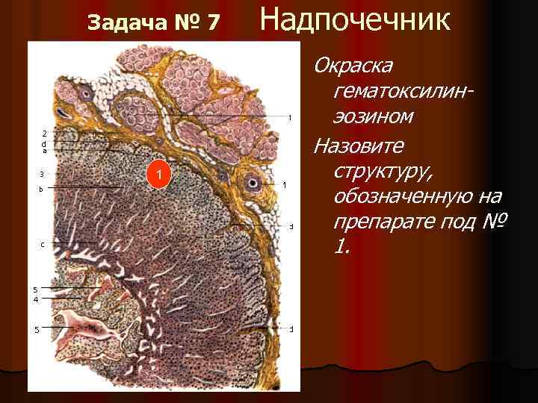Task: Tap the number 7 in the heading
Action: [x=212, y=22]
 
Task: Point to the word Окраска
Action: [x=353, y=66]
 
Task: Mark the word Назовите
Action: [x=357, y=143]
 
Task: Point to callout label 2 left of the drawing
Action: [x=43, y=133]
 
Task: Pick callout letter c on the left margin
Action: [x=42, y=244]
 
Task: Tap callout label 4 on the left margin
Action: [x=36, y=299]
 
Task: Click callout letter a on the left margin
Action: [x=43, y=150]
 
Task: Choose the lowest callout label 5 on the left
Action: [x=36, y=329]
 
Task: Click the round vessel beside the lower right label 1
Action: [x=253, y=183]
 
